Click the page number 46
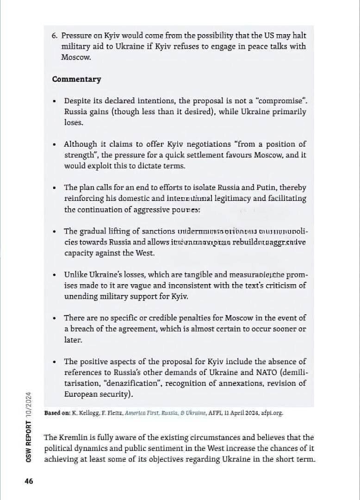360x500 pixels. pyautogui.click(x=29, y=481)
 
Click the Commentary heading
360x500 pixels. pyautogui.click(x=76, y=79)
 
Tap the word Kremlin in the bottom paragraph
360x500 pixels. pyautogui.click(x=74, y=437)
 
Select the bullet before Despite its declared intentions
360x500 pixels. pyautogui.click(x=55, y=101)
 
